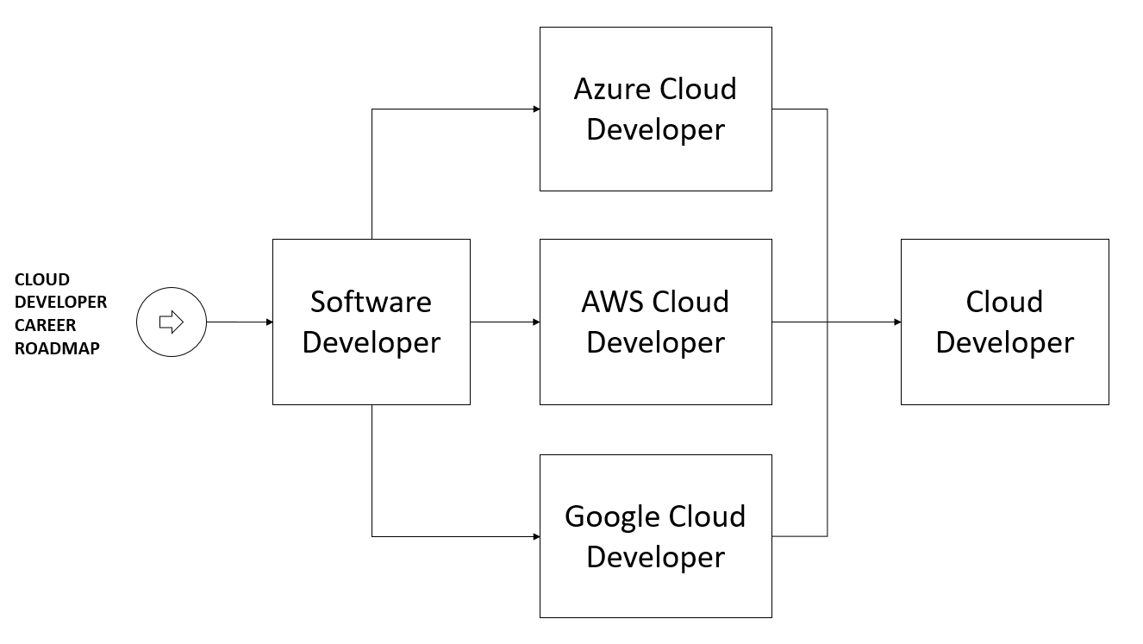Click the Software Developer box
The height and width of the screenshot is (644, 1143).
371,322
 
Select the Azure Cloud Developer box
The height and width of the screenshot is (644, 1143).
655,109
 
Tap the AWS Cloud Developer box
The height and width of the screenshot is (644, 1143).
655,322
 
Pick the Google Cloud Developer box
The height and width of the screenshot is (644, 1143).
655,535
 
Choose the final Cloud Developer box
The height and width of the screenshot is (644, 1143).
1004,322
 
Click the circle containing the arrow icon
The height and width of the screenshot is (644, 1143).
172,322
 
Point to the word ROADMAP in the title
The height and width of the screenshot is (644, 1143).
57,349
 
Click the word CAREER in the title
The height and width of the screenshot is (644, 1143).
45,326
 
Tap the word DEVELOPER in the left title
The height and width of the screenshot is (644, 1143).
61,303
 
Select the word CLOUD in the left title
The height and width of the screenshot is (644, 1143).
42,279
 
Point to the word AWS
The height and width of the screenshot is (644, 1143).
613,302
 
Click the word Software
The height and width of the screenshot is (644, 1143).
371,302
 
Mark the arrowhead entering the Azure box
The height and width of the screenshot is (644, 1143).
535,109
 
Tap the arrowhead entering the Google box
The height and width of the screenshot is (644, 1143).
535,536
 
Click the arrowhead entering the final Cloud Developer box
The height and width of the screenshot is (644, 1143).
896,322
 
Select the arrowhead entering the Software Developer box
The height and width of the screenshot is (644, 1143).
268,322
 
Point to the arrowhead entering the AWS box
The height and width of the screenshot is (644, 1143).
535,322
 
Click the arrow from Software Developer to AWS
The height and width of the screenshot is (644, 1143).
504,322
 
